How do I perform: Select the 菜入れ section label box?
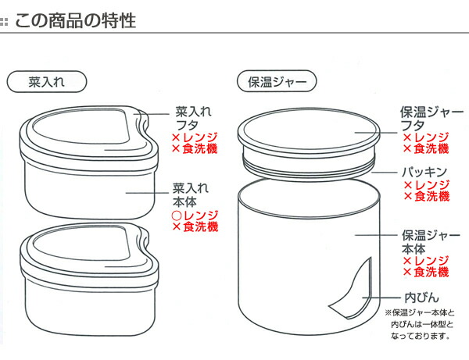tap(45, 80)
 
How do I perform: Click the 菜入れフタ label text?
tap(192, 118)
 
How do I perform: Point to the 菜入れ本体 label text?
tap(192, 194)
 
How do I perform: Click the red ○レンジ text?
tap(195, 215)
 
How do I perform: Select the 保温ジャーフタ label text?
tap(431, 118)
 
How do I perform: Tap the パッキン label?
tap(425, 171)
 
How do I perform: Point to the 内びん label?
tap(425, 298)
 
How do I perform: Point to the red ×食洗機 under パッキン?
tap(426, 197)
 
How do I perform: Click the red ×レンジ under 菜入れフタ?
tap(195, 138)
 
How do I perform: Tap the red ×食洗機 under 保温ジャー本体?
tap(426, 273)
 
